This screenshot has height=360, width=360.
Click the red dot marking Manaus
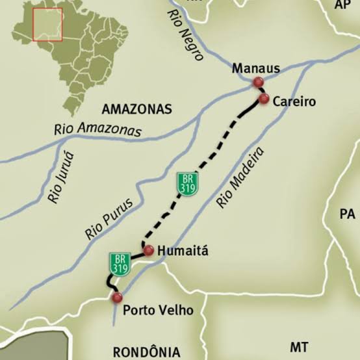click(x=258, y=82)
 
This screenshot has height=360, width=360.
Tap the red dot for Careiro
click(x=264, y=99)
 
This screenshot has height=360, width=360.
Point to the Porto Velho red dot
click(x=117, y=298)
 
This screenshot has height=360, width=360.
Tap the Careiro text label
click(x=294, y=101)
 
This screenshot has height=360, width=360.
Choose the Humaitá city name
click(x=183, y=251)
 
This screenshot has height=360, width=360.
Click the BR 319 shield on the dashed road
click(x=187, y=183)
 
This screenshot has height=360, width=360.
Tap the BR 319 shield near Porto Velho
click(x=120, y=263)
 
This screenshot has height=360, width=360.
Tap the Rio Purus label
click(x=109, y=218)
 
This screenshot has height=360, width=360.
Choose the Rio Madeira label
click(x=241, y=177)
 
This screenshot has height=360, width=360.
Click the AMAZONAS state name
click(x=136, y=109)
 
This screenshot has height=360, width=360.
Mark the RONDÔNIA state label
click(x=146, y=352)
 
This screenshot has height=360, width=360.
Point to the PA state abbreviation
click(x=348, y=214)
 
